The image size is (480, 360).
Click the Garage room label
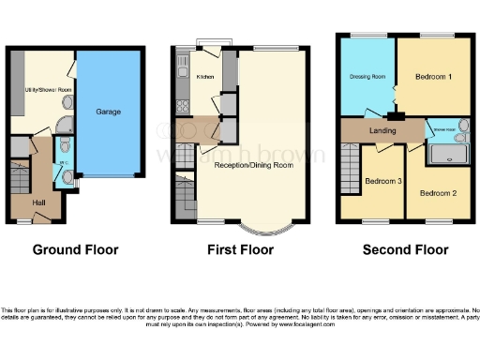point(108,112)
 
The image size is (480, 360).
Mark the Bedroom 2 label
point(437,193)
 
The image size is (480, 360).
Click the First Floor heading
point(241,249)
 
